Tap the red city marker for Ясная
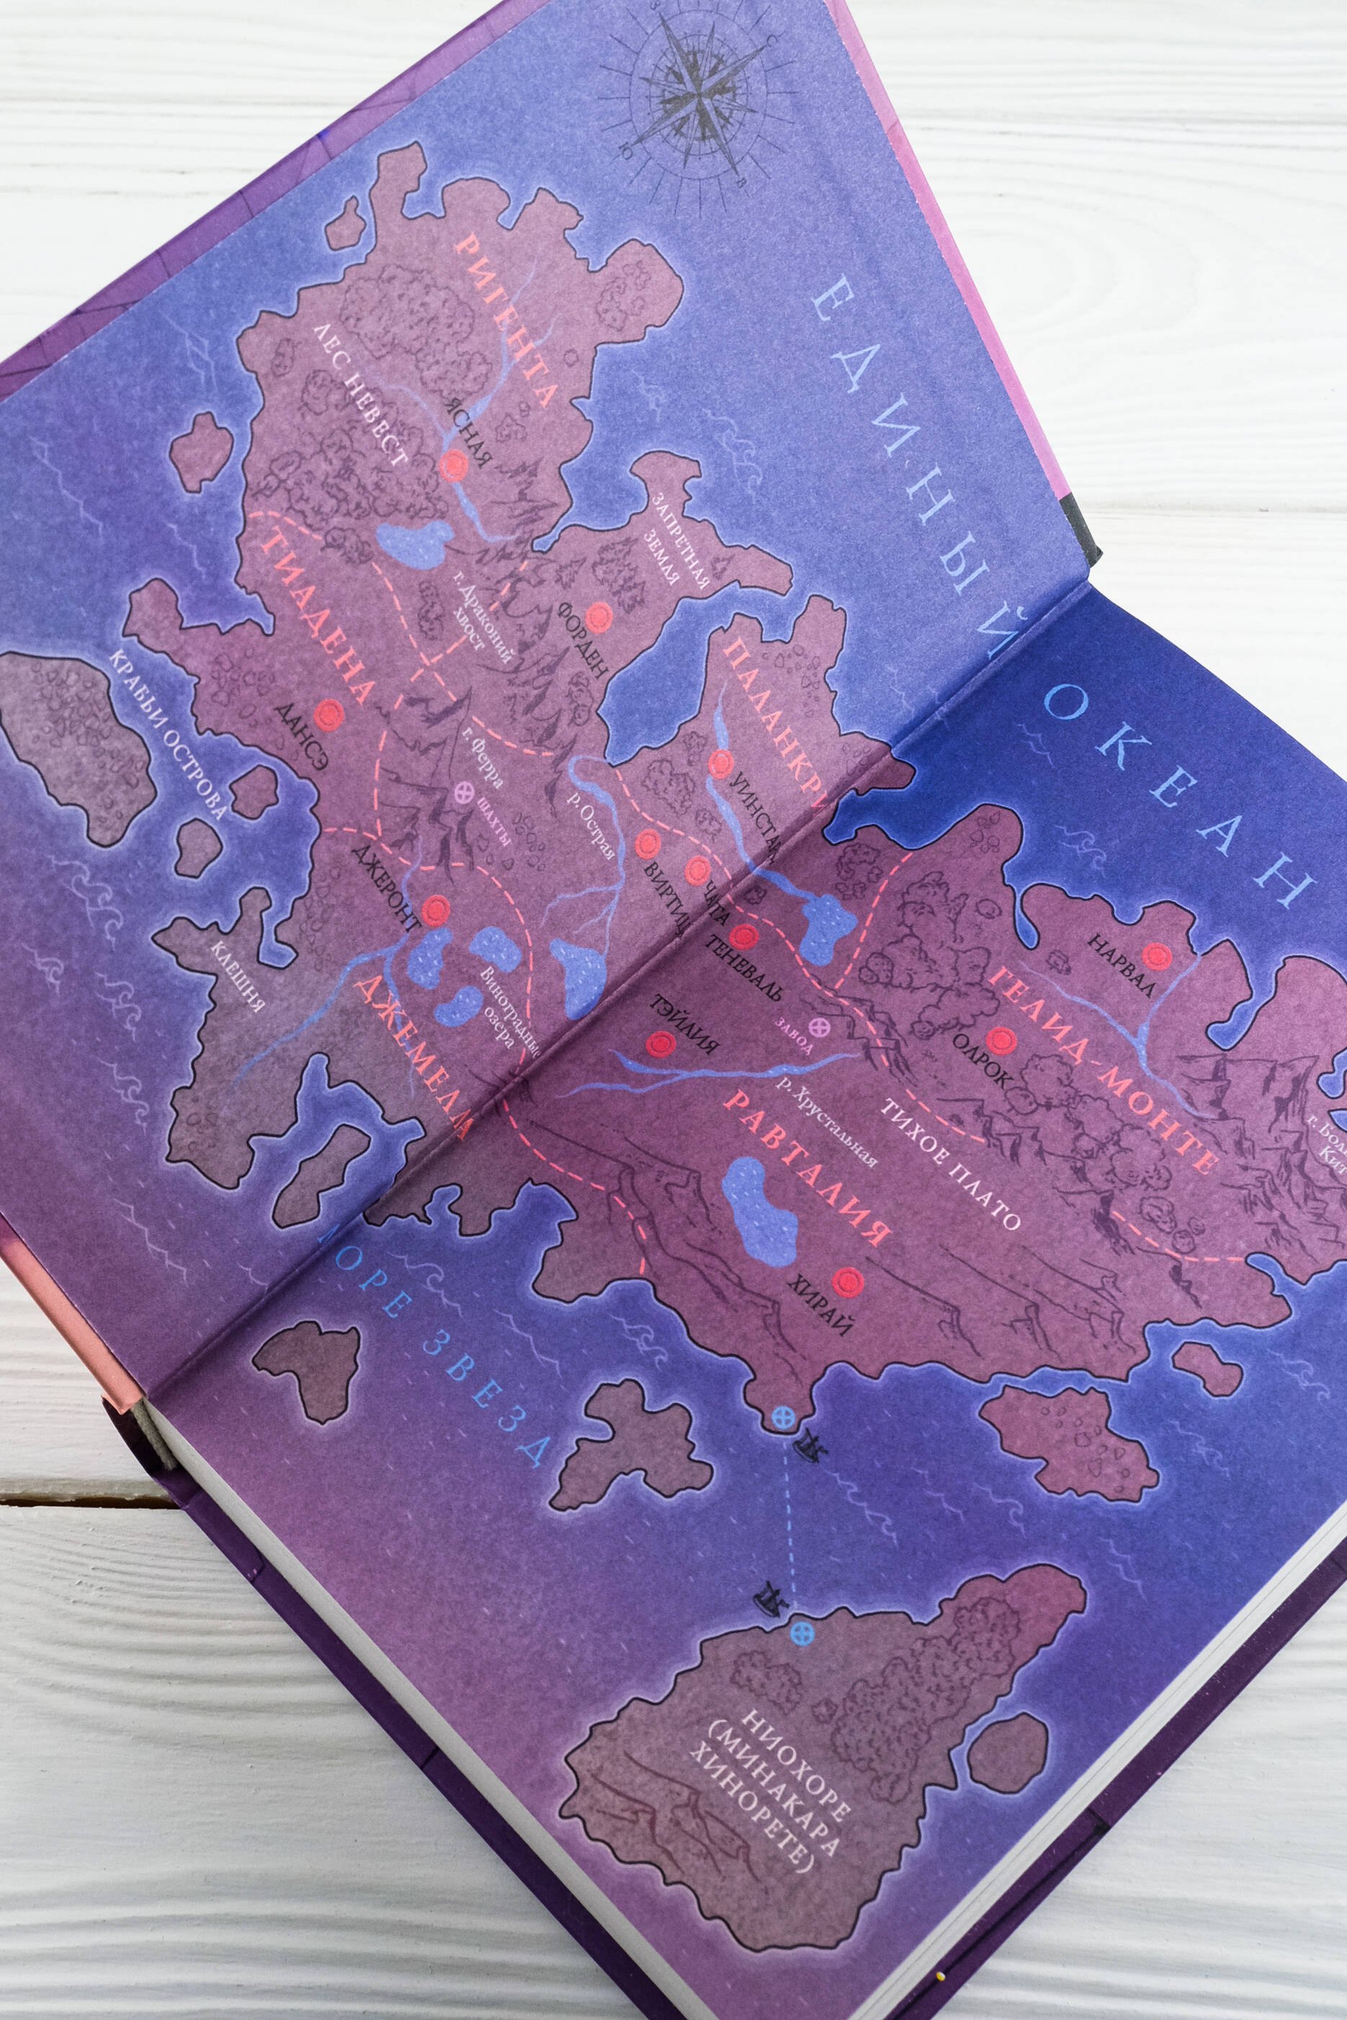point(449,467)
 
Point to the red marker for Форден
point(598,614)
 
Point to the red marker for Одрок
point(998,1040)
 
